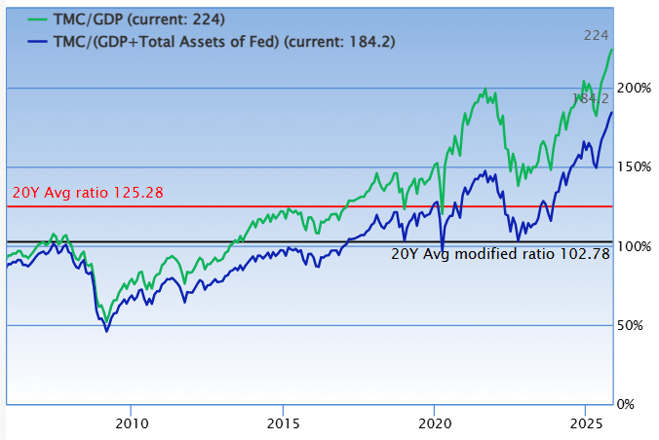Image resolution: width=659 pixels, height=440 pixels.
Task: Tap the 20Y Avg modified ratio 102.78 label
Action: coord(500,253)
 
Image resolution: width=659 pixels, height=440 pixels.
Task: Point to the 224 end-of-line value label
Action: coord(596,35)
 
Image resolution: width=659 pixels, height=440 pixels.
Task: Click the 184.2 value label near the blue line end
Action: coord(592,98)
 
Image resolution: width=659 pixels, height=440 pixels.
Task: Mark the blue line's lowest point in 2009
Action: coord(107,332)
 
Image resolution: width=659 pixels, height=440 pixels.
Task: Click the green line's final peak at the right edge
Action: coord(611,49)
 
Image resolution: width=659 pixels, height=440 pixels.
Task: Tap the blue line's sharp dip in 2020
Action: coord(443,251)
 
